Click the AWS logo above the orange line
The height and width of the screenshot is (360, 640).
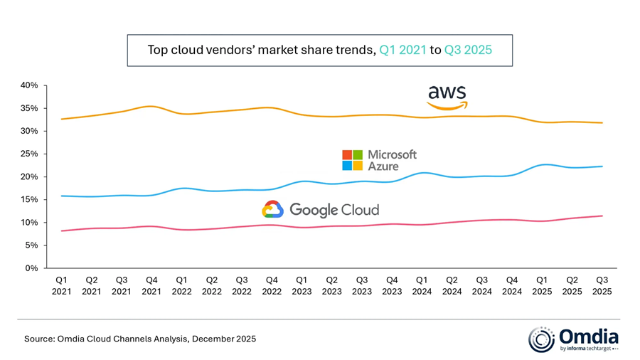point(447,96)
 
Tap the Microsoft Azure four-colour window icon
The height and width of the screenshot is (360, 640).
point(352,160)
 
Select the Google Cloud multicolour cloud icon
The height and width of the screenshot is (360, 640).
point(273,209)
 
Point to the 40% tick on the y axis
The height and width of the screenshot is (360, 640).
point(28,85)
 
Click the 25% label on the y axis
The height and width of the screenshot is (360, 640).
point(28,154)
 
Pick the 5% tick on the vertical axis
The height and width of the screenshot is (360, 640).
point(31,245)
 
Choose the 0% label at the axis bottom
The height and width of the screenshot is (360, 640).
point(31,268)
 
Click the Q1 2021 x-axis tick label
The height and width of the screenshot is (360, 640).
point(61,285)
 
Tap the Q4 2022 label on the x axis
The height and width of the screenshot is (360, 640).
point(272,285)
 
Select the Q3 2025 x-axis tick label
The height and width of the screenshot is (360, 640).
point(602,285)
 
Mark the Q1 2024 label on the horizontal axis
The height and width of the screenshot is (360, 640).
point(422,285)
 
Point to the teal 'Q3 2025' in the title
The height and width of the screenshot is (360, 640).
point(468,50)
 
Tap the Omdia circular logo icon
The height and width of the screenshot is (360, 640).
point(541,339)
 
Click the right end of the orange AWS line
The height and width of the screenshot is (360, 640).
point(602,122)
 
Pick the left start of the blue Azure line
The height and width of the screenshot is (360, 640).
point(62,196)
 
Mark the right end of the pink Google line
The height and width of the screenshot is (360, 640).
point(602,216)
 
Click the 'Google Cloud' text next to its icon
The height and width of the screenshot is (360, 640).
point(334,210)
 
